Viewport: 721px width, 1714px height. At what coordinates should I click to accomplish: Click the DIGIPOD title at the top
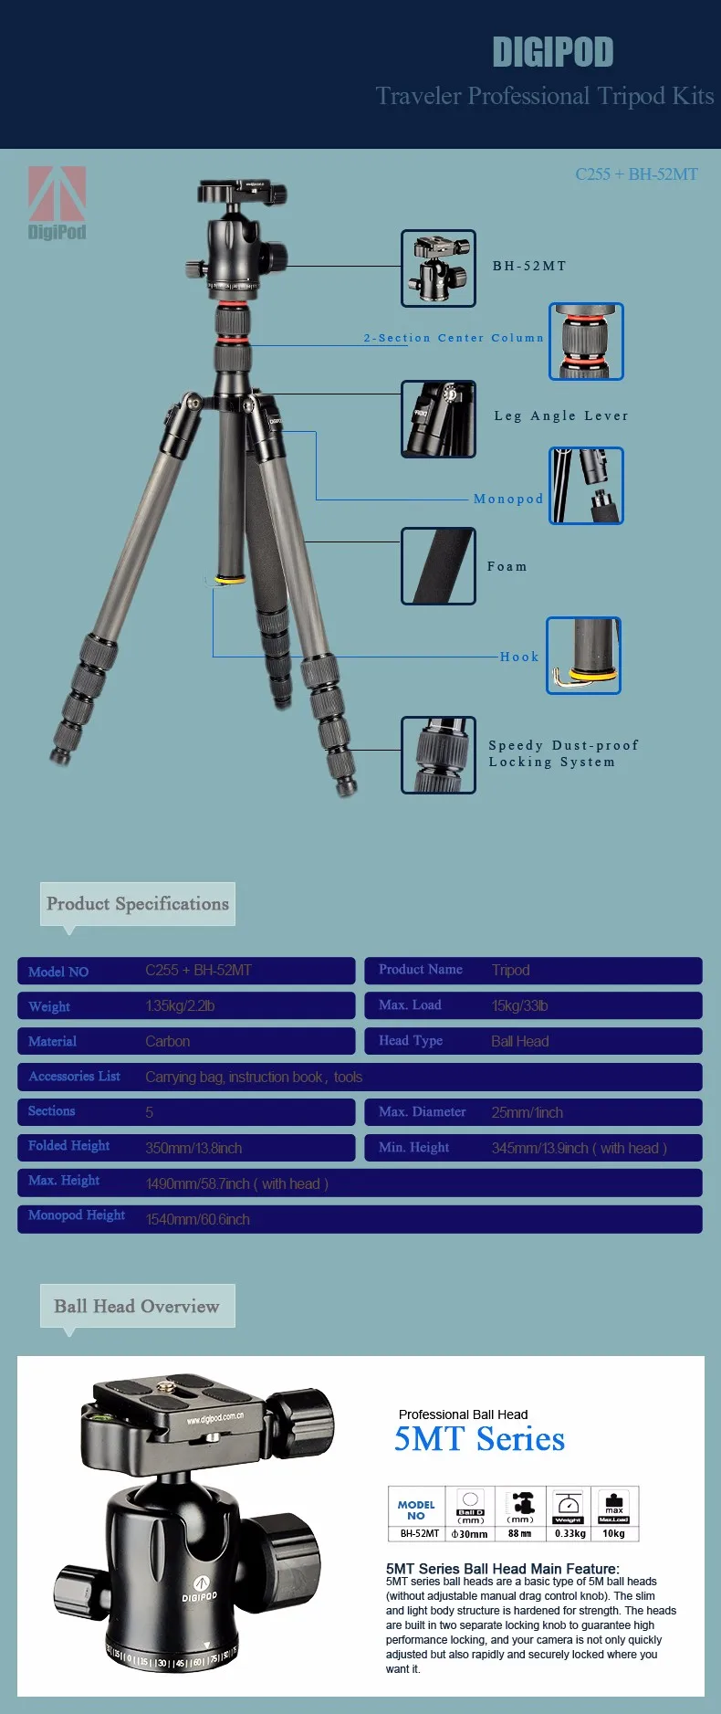point(552,53)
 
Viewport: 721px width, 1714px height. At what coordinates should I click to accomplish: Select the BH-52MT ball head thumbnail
point(438,268)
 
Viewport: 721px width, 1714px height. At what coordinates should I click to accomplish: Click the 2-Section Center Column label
point(454,338)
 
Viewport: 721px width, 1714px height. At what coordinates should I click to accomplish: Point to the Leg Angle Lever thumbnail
point(438,418)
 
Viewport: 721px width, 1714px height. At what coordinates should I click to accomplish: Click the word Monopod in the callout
point(508,499)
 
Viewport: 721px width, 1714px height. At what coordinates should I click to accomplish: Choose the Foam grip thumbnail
point(438,565)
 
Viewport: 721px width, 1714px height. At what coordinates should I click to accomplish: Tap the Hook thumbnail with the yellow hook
point(584,655)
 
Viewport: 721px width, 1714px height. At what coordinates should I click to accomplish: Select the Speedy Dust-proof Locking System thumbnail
point(438,754)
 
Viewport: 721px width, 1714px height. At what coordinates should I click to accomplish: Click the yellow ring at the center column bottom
point(230,579)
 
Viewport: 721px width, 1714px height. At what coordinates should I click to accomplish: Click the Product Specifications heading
point(138,904)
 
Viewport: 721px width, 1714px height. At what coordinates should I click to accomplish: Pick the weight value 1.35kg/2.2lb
point(180,1006)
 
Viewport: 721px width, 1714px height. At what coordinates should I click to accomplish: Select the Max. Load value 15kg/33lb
point(519,1005)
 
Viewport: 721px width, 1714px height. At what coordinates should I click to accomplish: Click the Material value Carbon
point(168,1041)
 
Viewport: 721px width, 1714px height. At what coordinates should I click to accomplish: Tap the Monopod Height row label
point(77,1215)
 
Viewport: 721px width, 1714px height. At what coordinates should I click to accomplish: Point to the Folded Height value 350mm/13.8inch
point(193,1148)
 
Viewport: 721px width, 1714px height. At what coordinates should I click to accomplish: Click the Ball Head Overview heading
point(137,1306)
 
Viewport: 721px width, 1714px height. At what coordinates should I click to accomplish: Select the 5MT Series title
point(479,1439)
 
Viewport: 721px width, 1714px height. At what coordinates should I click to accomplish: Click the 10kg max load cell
point(614,1533)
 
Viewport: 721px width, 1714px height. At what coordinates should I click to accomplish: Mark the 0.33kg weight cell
point(569,1533)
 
